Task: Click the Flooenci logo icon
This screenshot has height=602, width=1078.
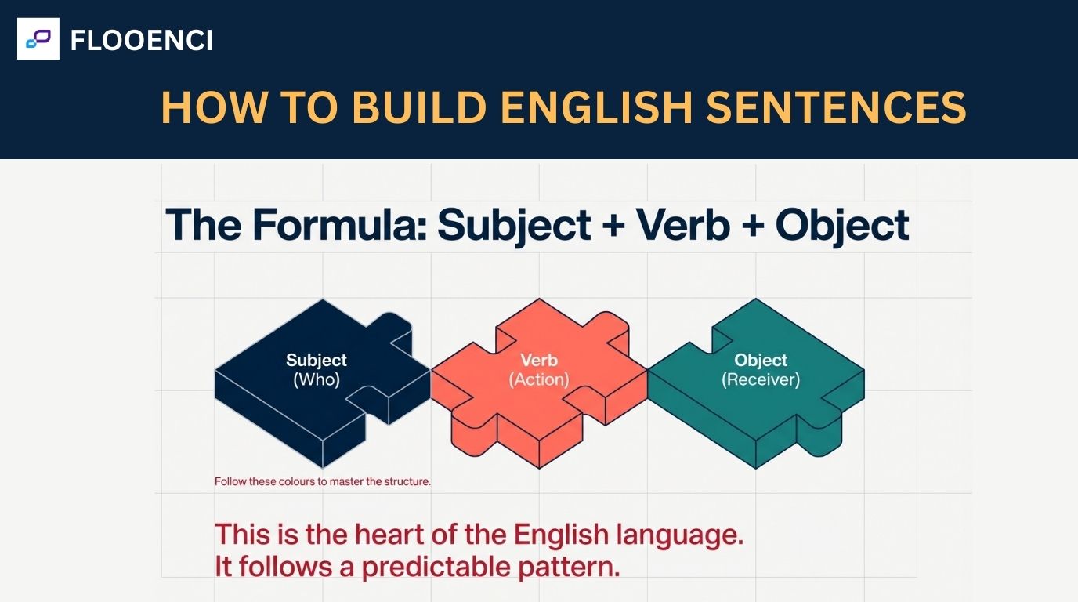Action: tap(38, 39)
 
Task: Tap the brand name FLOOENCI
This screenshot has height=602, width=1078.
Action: tap(141, 40)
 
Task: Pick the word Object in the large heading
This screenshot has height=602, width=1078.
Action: tap(842, 225)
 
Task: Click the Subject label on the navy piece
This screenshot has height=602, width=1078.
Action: tap(317, 361)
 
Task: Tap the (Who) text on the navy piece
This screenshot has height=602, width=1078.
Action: tap(317, 380)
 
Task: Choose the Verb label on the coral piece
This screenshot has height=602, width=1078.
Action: tap(539, 361)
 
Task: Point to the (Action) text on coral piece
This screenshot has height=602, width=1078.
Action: tap(539, 380)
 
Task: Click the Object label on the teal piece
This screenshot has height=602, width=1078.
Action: tap(761, 361)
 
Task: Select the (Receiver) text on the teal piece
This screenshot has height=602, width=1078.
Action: tap(761, 380)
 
